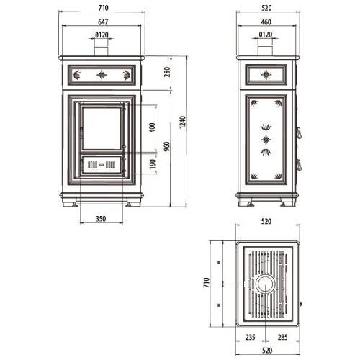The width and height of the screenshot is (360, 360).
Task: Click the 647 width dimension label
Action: point(103,22)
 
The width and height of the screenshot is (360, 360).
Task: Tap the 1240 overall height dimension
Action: point(183,122)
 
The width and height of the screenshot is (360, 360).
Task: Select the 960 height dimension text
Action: point(167,146)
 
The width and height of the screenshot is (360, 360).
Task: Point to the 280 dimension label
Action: point(167,72)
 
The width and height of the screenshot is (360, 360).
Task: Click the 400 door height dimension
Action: point(152,127)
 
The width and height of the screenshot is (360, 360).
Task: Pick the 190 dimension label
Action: point(153,164)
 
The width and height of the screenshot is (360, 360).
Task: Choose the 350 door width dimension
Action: point(101,219)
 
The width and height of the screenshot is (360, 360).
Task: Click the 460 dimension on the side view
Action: point(266,22)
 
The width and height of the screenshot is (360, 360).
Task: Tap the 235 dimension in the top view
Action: point(251,337)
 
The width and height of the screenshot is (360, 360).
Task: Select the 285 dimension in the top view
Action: point(283,337)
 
